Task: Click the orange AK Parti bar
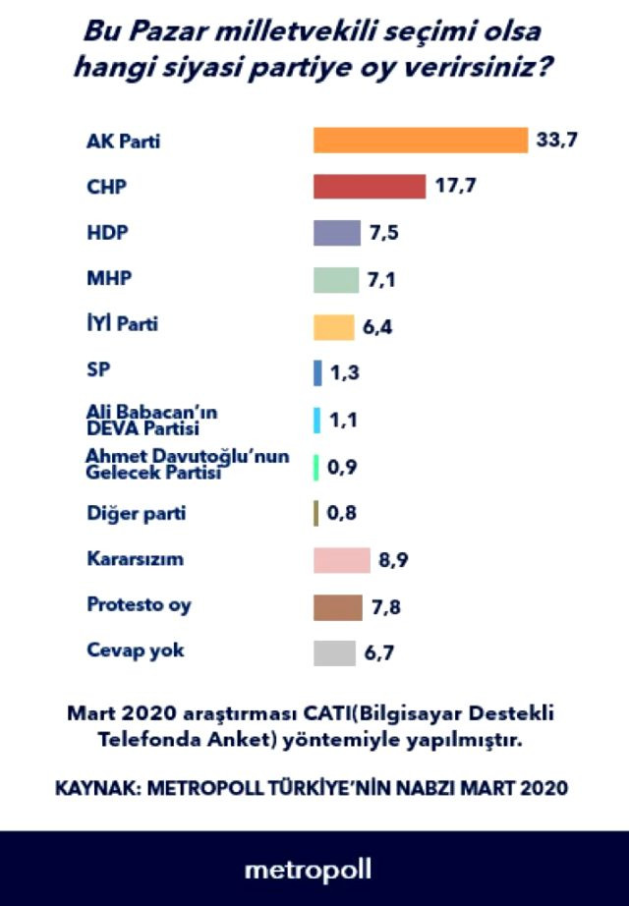(421, 141)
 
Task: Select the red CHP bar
(370, 187)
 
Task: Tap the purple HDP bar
(337, 234)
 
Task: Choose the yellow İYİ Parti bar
(333, 327)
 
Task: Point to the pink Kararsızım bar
(341, 561)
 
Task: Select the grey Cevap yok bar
(334, 653)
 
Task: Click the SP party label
(97, 370)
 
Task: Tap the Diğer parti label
(135, 512)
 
